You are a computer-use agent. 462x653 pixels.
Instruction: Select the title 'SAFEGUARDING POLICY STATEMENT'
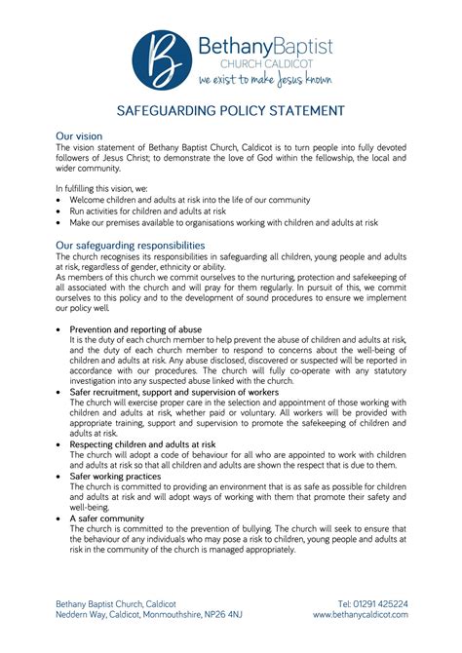click(231, 110)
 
